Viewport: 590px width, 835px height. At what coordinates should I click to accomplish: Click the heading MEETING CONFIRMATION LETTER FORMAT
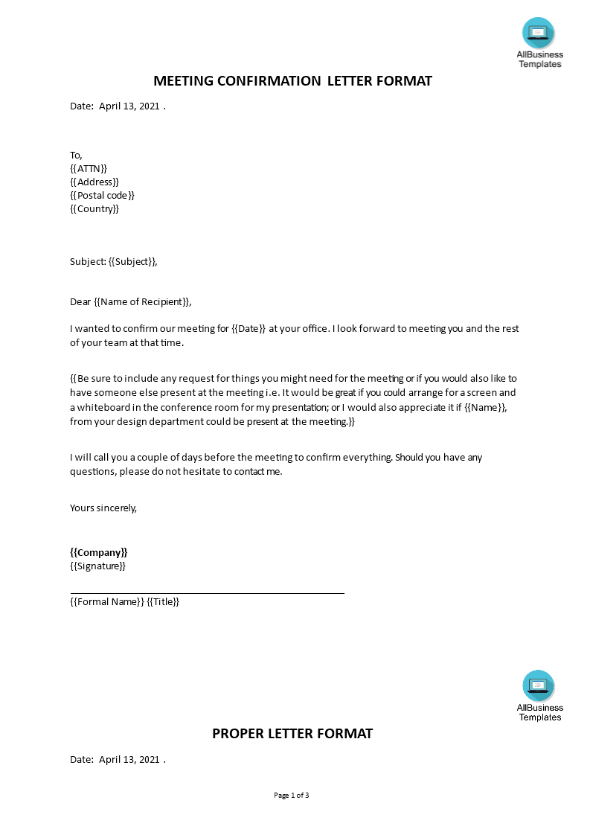click(x=292, y=81)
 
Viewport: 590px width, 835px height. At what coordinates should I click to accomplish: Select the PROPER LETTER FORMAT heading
click(x=292, y=734)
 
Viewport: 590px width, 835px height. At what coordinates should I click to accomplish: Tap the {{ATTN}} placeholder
click(x=89, y=169)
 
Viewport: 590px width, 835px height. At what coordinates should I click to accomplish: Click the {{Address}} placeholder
click(x=94, y=182)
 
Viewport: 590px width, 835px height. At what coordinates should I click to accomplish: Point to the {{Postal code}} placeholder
click(x=103, y=196)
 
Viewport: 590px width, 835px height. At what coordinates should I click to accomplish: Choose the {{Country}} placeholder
click(x=94, y=209)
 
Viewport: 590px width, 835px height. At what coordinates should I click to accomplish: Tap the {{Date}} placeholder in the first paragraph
click(x=248, y=329)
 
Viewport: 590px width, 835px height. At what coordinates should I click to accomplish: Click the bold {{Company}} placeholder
click(x=99, y=553)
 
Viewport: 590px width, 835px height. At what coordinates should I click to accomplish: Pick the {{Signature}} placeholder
click(x=97, y=566)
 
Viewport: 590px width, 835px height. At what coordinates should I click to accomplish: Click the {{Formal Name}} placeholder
click(x=106, y=602)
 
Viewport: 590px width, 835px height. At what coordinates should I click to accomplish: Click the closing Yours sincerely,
click(x=103, y=508)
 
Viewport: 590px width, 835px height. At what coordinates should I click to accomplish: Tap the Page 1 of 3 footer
click(x=292, y=796)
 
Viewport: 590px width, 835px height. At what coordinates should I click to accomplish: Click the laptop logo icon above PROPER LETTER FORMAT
click(x=539, y=686)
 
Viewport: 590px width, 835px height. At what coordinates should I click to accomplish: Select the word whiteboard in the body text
click(x=102, y=408)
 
